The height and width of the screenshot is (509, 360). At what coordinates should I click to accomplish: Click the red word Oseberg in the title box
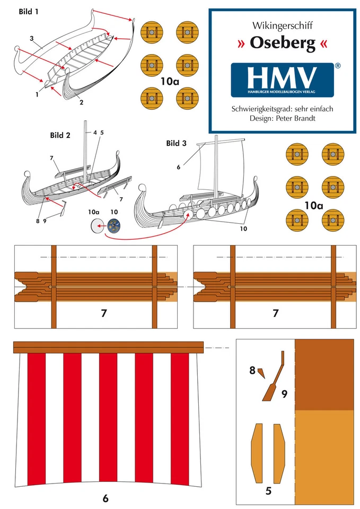(x=282, y=44)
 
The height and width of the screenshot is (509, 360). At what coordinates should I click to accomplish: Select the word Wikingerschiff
(x=282, y=25)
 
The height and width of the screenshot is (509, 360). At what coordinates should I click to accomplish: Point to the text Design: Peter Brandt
(x=282, y=118)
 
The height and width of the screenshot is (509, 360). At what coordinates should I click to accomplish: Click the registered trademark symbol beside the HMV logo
(x=337, y=66)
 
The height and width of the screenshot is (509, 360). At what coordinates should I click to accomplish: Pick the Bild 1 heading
(x=29, y=11)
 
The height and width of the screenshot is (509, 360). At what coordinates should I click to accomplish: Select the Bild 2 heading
(x=60, y=135)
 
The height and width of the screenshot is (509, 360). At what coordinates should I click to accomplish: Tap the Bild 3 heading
(x=176, y=143)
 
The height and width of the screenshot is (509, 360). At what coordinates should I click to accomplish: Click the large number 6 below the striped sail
(x=106, y=498)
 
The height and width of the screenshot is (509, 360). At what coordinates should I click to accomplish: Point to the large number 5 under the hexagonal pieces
(x=268, y=491)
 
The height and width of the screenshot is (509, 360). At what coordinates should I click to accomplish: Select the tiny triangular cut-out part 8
(x=261, y=373)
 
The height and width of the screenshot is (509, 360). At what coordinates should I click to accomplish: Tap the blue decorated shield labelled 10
(x=113, y=226)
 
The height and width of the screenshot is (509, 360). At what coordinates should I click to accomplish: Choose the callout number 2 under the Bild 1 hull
(x=82, y=102)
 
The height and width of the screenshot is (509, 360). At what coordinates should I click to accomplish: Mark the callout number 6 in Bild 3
(x=179, y=166)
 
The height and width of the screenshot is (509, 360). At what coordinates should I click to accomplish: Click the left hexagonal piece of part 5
(x=257, y=445)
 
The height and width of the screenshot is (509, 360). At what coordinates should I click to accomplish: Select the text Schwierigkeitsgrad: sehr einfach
(x=282, y=109)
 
